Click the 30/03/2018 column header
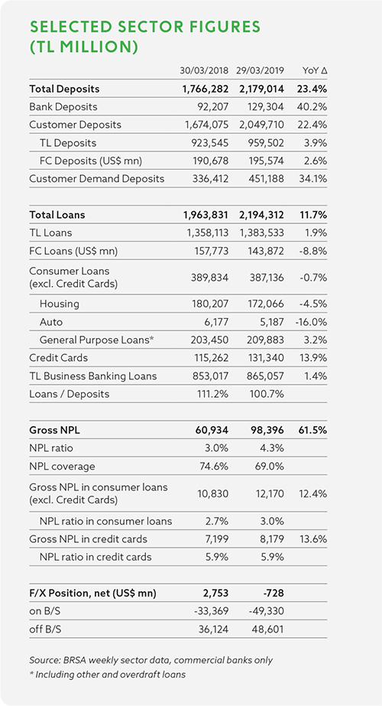click(204, 70)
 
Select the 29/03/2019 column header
click(259, 70)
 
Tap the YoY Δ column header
click(315, 70)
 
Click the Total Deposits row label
click(64, 89)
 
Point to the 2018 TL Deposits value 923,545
click(211, 143)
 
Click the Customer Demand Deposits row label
click(97, 179)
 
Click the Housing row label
click(60, 304)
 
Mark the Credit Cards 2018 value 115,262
click(212, 358)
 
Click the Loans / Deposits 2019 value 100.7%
click(267, 394)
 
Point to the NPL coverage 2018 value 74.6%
click(214, 466)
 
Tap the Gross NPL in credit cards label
click(88, 539)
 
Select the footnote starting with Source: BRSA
click(151, 660)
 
